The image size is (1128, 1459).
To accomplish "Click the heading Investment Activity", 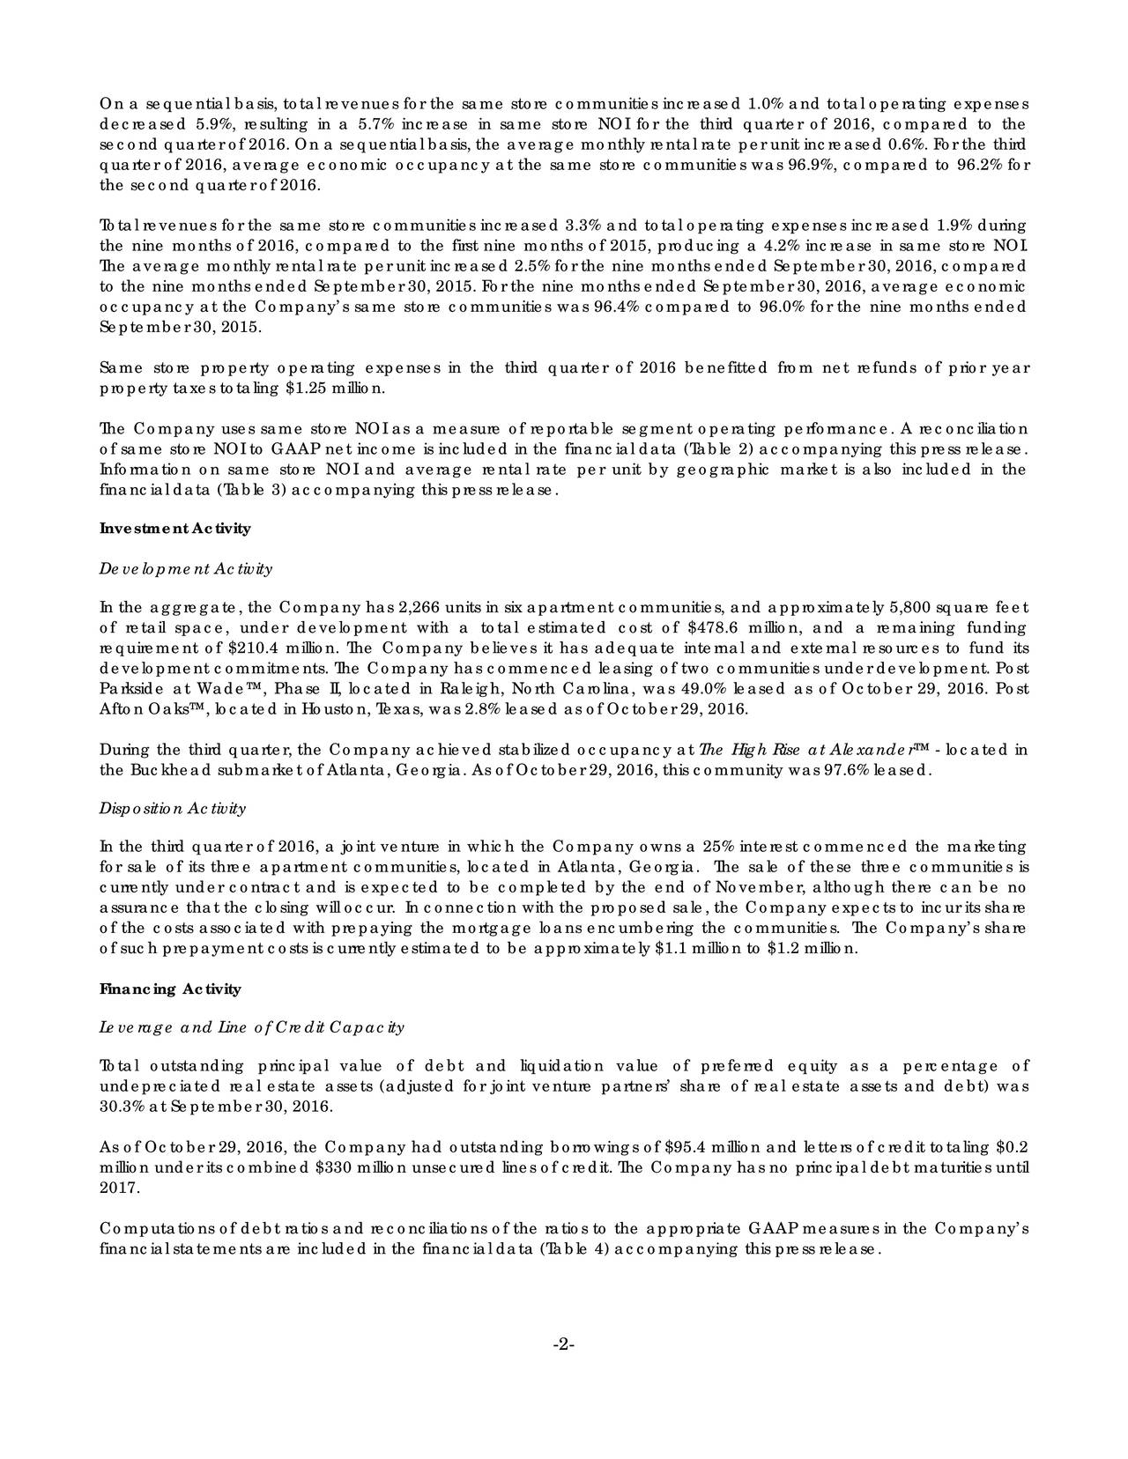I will coord(175,529).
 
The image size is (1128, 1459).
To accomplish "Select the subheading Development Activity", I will coord(186,568).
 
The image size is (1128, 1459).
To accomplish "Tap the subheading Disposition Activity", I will coord(173,808).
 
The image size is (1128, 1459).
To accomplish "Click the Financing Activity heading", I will coord(170,989).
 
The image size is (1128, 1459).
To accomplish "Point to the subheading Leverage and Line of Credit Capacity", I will coord(252,1027).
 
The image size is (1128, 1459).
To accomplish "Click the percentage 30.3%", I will coord(122,1107).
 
